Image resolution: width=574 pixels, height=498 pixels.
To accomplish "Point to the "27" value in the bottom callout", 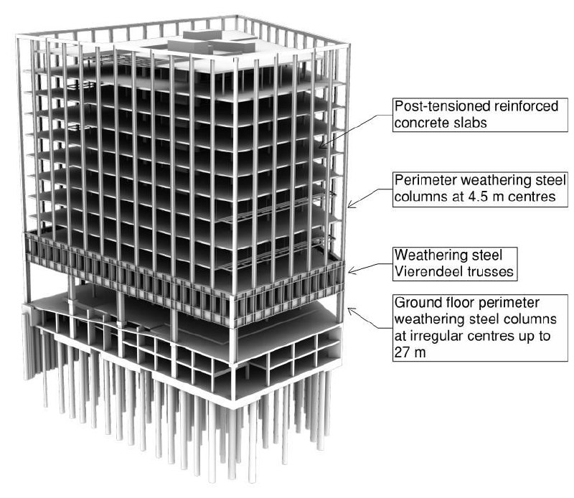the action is [402, 352].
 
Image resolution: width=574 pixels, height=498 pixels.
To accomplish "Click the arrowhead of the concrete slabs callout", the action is [321, 146].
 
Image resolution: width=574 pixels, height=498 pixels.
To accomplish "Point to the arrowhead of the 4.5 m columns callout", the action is [350, 205].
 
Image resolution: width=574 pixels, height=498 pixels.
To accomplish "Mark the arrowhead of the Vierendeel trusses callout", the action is [350, 271].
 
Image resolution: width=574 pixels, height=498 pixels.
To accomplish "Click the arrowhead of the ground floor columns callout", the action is [350, 311].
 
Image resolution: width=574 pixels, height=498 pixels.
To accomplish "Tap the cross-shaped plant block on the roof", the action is [212, 43].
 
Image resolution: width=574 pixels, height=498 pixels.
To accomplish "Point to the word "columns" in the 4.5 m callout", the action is [419, 197].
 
